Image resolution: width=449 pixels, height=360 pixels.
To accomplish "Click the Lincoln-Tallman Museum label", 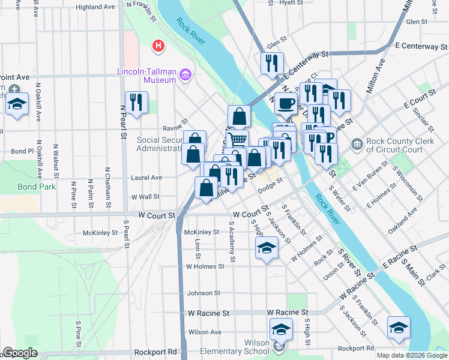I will (146, 75).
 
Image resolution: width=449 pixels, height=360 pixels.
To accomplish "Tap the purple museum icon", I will (185, 75).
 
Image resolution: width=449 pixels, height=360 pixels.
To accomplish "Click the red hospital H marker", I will (158, 45).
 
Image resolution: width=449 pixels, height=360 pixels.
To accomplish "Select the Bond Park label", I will (36, 187).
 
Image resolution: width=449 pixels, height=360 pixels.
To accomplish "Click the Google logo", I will (20, 353).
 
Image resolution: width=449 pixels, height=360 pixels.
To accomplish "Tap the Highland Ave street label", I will (95, 7).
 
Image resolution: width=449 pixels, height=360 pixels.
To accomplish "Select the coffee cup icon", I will (286, 103).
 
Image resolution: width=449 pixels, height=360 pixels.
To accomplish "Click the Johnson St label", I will (204, 293).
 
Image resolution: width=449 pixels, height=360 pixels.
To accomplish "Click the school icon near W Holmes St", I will (267, 247).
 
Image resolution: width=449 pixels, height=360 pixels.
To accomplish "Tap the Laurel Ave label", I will (147, 178).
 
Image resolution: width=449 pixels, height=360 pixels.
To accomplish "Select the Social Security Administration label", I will (160, 144).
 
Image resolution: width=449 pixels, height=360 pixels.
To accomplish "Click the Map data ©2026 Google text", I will (411, 355).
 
